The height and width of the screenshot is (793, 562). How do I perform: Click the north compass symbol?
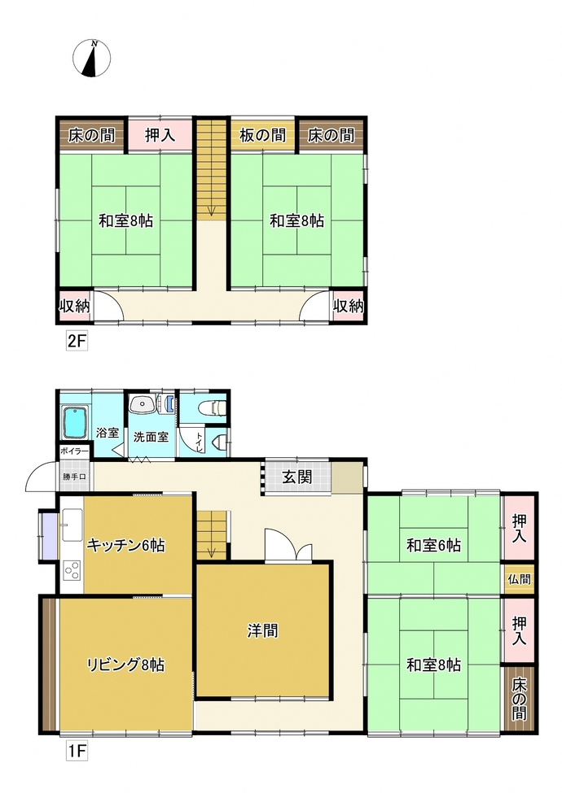(94, 59)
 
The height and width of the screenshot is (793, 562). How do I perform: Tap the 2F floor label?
(76, 342)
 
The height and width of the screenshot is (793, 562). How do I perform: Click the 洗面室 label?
(151, 437)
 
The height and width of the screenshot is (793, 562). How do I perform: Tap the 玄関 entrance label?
(297, 477)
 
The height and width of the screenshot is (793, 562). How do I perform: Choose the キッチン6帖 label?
(126, 545)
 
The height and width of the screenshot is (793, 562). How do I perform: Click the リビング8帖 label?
(126, 664)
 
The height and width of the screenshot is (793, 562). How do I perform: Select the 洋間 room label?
(263, 630)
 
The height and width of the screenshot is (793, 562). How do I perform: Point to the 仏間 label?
(519, 579)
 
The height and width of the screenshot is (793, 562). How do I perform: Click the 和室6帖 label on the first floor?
(433, 545)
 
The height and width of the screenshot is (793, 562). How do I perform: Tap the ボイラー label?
(72, 450)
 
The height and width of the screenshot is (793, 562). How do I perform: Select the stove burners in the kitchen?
(72, 570)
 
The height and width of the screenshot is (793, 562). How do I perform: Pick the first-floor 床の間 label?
(519, 700)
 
